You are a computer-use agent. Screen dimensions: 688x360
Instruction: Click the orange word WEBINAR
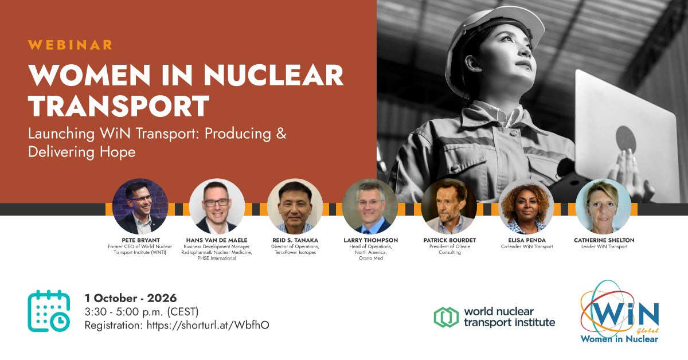(70, 45)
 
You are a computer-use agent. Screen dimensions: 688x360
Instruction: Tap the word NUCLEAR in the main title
(273, 75)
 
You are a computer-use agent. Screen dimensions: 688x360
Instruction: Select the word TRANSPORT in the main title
(119, 105)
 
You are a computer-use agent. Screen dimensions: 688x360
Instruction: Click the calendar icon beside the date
(49, 311)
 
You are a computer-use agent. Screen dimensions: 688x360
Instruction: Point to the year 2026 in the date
(162, 298)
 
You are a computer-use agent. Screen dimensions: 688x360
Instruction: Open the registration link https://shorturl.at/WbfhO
(208, 325)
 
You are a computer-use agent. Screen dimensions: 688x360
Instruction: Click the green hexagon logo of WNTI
(446, 317)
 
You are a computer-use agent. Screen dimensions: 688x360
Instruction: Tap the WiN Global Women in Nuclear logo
(620, 312)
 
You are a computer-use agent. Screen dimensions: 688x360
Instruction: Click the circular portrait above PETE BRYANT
(140, 207)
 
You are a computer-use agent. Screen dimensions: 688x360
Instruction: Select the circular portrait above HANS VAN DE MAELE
(217, 207)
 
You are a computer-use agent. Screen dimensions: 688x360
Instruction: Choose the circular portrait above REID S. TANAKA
(295, 207)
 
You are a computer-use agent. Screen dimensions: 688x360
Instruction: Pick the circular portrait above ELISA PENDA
(526, 207)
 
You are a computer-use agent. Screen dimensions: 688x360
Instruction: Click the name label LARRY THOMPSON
(371, 240)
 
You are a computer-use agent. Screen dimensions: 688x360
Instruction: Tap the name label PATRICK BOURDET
(449, 240)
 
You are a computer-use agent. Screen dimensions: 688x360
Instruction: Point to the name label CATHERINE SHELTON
(604, 240)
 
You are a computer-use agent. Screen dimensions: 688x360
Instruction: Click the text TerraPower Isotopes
(295, 252)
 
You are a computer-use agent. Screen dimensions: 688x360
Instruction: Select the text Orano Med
(371, 259)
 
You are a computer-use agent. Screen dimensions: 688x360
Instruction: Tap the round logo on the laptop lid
(626, 139)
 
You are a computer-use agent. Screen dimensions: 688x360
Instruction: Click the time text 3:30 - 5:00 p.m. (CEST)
(142, 312)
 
